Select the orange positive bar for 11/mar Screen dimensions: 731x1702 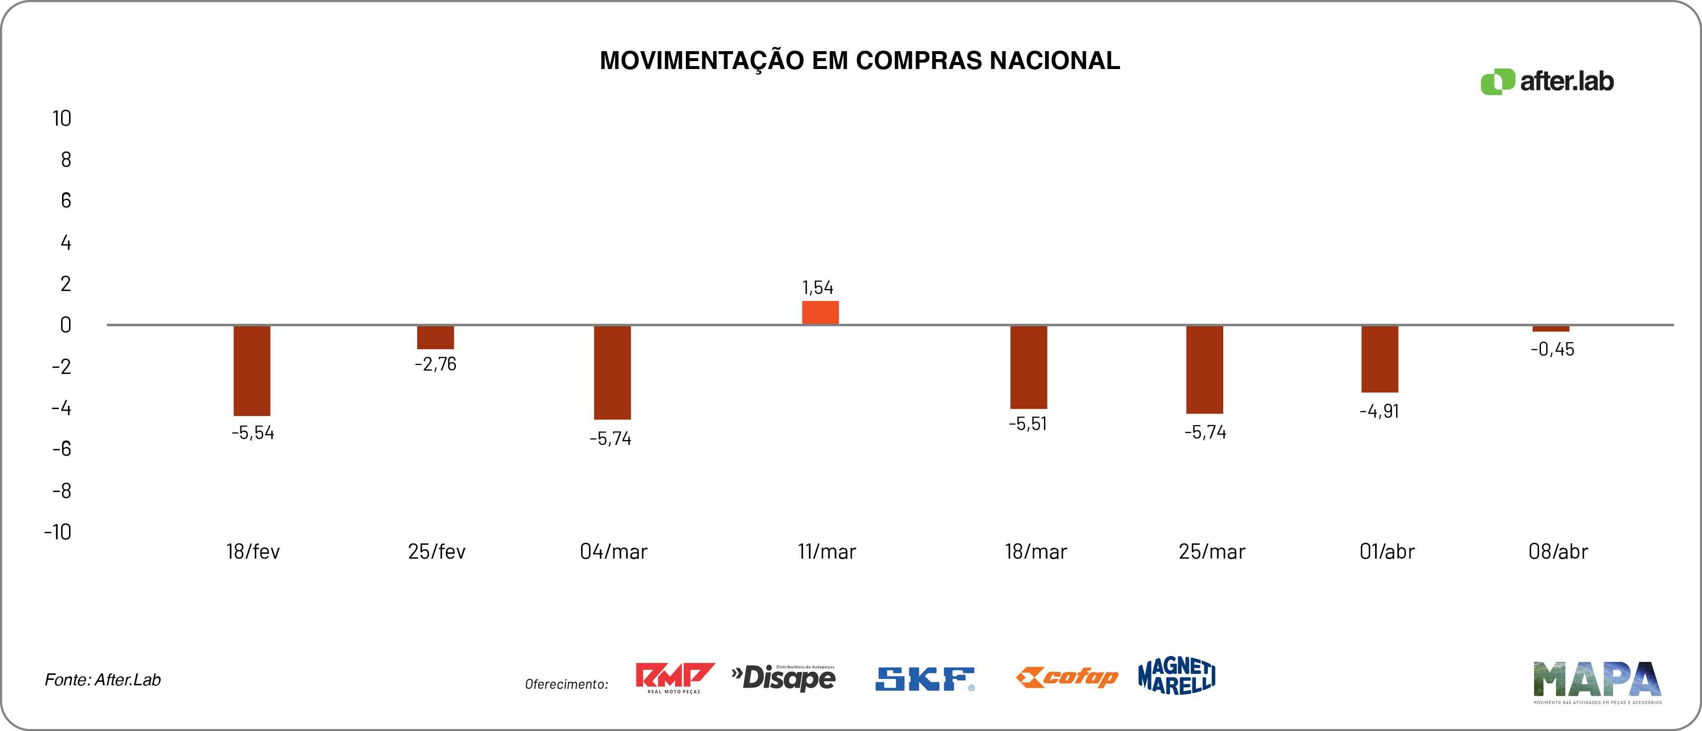pyautogui.click(x=820, y=313)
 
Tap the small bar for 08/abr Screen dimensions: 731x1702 pyautogui.click(x=1551, y=328)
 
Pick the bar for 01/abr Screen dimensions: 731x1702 pyautogui.click(x=1380, y=359)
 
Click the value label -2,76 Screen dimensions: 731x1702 pyautogui.click(x=436, y=364)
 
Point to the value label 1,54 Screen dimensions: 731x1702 pyautogui.click(x=817, y=288)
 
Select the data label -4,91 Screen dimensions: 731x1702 pyautogui.click(x=1379, y=412)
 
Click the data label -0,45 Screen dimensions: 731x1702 pyautogui.click(x=1552, y=350)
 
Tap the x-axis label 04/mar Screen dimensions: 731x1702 pyautogui.click(x=613, y=552)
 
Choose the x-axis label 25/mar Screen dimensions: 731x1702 pyautogui.click(x=1212, y=552)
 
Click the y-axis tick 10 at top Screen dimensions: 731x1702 pyautogui.click(x=62, y=119)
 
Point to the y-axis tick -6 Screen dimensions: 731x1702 pyautogui.click(x=62, y=449)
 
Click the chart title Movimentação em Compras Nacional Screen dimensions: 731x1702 pyautogui.click(x=860, y=61)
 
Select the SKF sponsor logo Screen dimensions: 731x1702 pyautogui.click(x=924, y=679)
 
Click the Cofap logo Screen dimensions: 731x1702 pyautogui.click(x=1066, y=677)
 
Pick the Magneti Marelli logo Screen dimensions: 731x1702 pyautogui.click(x=1177, y=676)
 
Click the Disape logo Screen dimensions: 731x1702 pyautogui.click(x=784, y=677)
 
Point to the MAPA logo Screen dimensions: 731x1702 pyautogui.click(x=1597, y=681)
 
